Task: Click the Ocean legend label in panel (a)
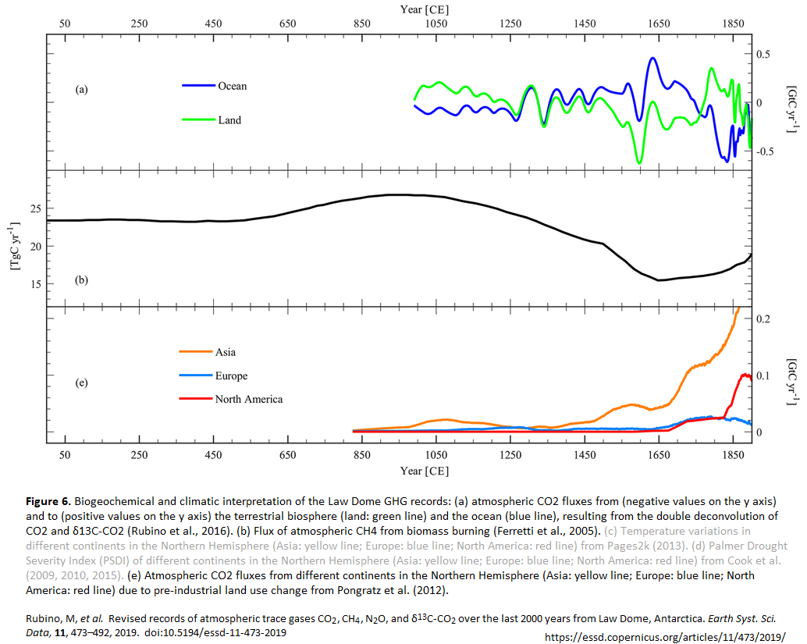tap(232, 86)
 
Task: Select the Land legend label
tap(229, 120)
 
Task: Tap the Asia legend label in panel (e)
tap(226, 352)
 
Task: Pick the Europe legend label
tap(231, 375)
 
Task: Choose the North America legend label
tap(249, 399)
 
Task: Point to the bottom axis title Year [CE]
tap(425, 471)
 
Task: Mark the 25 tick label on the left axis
tap(34, 209)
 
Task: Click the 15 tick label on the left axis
tap(34, 283)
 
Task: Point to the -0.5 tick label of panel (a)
tap(763, 151)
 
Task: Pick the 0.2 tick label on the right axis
tap(765, 319)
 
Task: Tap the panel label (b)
tap(81, 279)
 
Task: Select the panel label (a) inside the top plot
tap(81, 90)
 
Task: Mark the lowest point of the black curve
tap(659, 280)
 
